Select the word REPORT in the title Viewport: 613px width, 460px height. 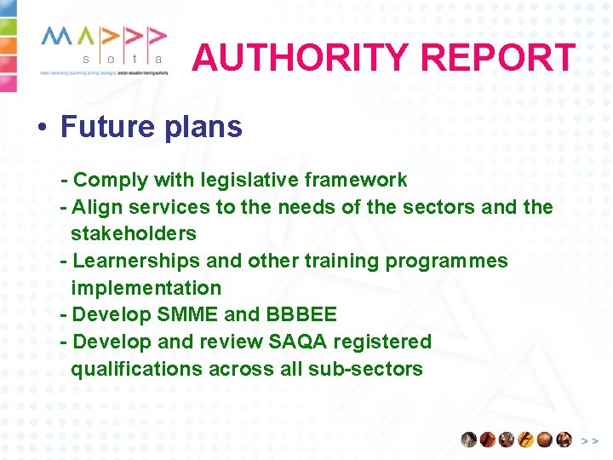coord(498,58)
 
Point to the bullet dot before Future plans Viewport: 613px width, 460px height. coord(41,128)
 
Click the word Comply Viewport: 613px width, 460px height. coord(111,180)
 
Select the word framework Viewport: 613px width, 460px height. coord(359,180)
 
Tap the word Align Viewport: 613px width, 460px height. coord(97,207)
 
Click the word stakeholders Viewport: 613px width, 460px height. coord(134,233)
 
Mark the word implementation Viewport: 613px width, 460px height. coord(146,288)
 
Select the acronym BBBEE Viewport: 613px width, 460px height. coord(301,314)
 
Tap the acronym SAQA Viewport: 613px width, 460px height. coord(297,342)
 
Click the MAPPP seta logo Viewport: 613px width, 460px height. coord(103,49)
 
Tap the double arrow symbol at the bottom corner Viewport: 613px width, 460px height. coord(590,440)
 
